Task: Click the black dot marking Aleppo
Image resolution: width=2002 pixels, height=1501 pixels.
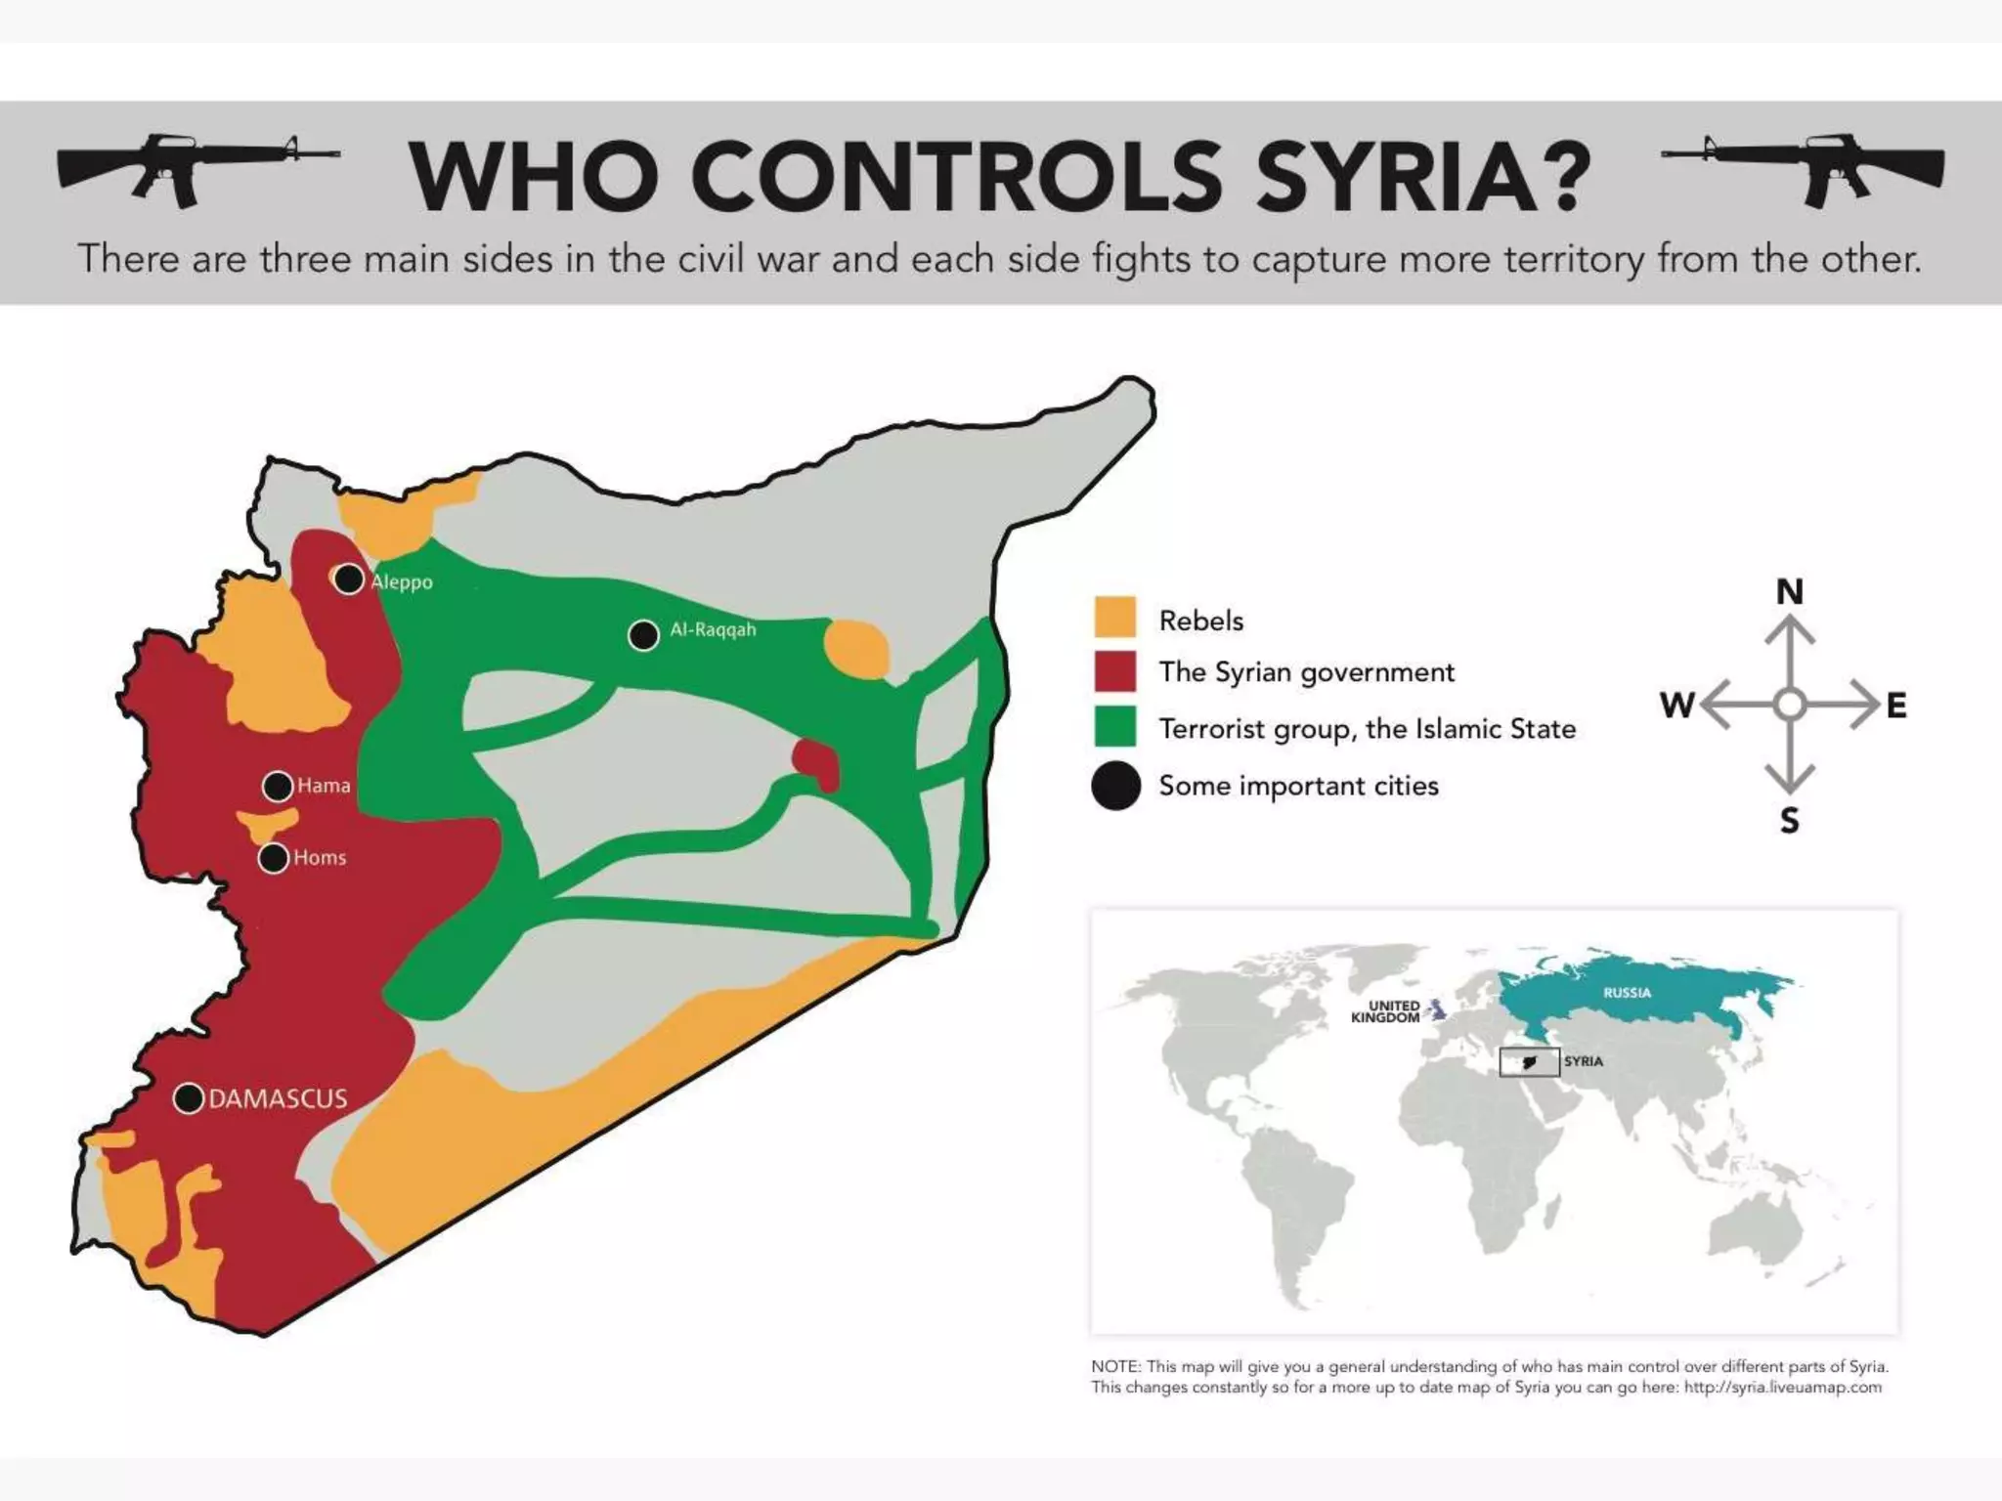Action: [x=349, y=579]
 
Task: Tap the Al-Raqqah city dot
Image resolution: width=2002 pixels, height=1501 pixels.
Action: [x=643, y=635]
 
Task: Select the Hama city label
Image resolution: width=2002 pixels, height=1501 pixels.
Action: [x=324, y=786]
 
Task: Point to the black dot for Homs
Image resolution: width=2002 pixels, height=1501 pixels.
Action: [x=275, y=858]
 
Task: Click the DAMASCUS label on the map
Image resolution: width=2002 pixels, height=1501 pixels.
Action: [x=278, y=1098]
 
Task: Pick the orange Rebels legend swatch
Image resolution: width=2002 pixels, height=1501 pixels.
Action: [x=1114, y=618]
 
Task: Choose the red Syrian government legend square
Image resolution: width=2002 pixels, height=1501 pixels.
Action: [x=1114, y=671]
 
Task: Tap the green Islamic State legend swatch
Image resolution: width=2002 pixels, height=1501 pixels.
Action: [x=1114, y=727]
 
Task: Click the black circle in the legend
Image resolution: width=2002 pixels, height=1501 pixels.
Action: [x=1115, y=786]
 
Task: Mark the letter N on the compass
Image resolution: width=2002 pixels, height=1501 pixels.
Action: [x=1789, y=591]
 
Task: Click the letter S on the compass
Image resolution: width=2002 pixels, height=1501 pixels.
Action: [x=1789, y=821]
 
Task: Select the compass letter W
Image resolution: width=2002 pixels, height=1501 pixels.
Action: [x=1676, y=705]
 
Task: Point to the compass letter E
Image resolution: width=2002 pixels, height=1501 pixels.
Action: [x=1896, y=705]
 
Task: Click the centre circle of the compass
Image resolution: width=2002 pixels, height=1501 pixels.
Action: [x=1789, y=705]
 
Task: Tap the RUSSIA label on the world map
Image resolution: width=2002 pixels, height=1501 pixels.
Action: [x=1627, y=993]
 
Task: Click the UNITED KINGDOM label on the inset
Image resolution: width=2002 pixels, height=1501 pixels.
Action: [x=1385, y=1011]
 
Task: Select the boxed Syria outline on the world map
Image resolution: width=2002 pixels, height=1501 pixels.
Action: [x=1529, y=1061]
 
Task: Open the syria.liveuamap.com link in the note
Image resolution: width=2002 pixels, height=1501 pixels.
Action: [x=1782, y=1388]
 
